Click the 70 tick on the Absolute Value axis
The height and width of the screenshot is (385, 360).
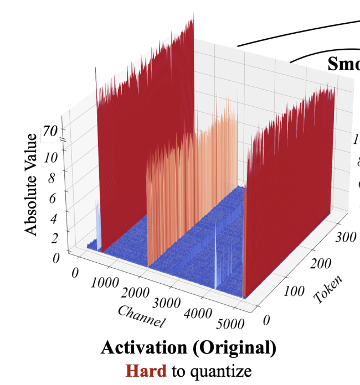pos(50,132)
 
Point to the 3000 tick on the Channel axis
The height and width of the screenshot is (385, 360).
pos(166,304)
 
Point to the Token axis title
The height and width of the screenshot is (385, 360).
pos(327,288)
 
